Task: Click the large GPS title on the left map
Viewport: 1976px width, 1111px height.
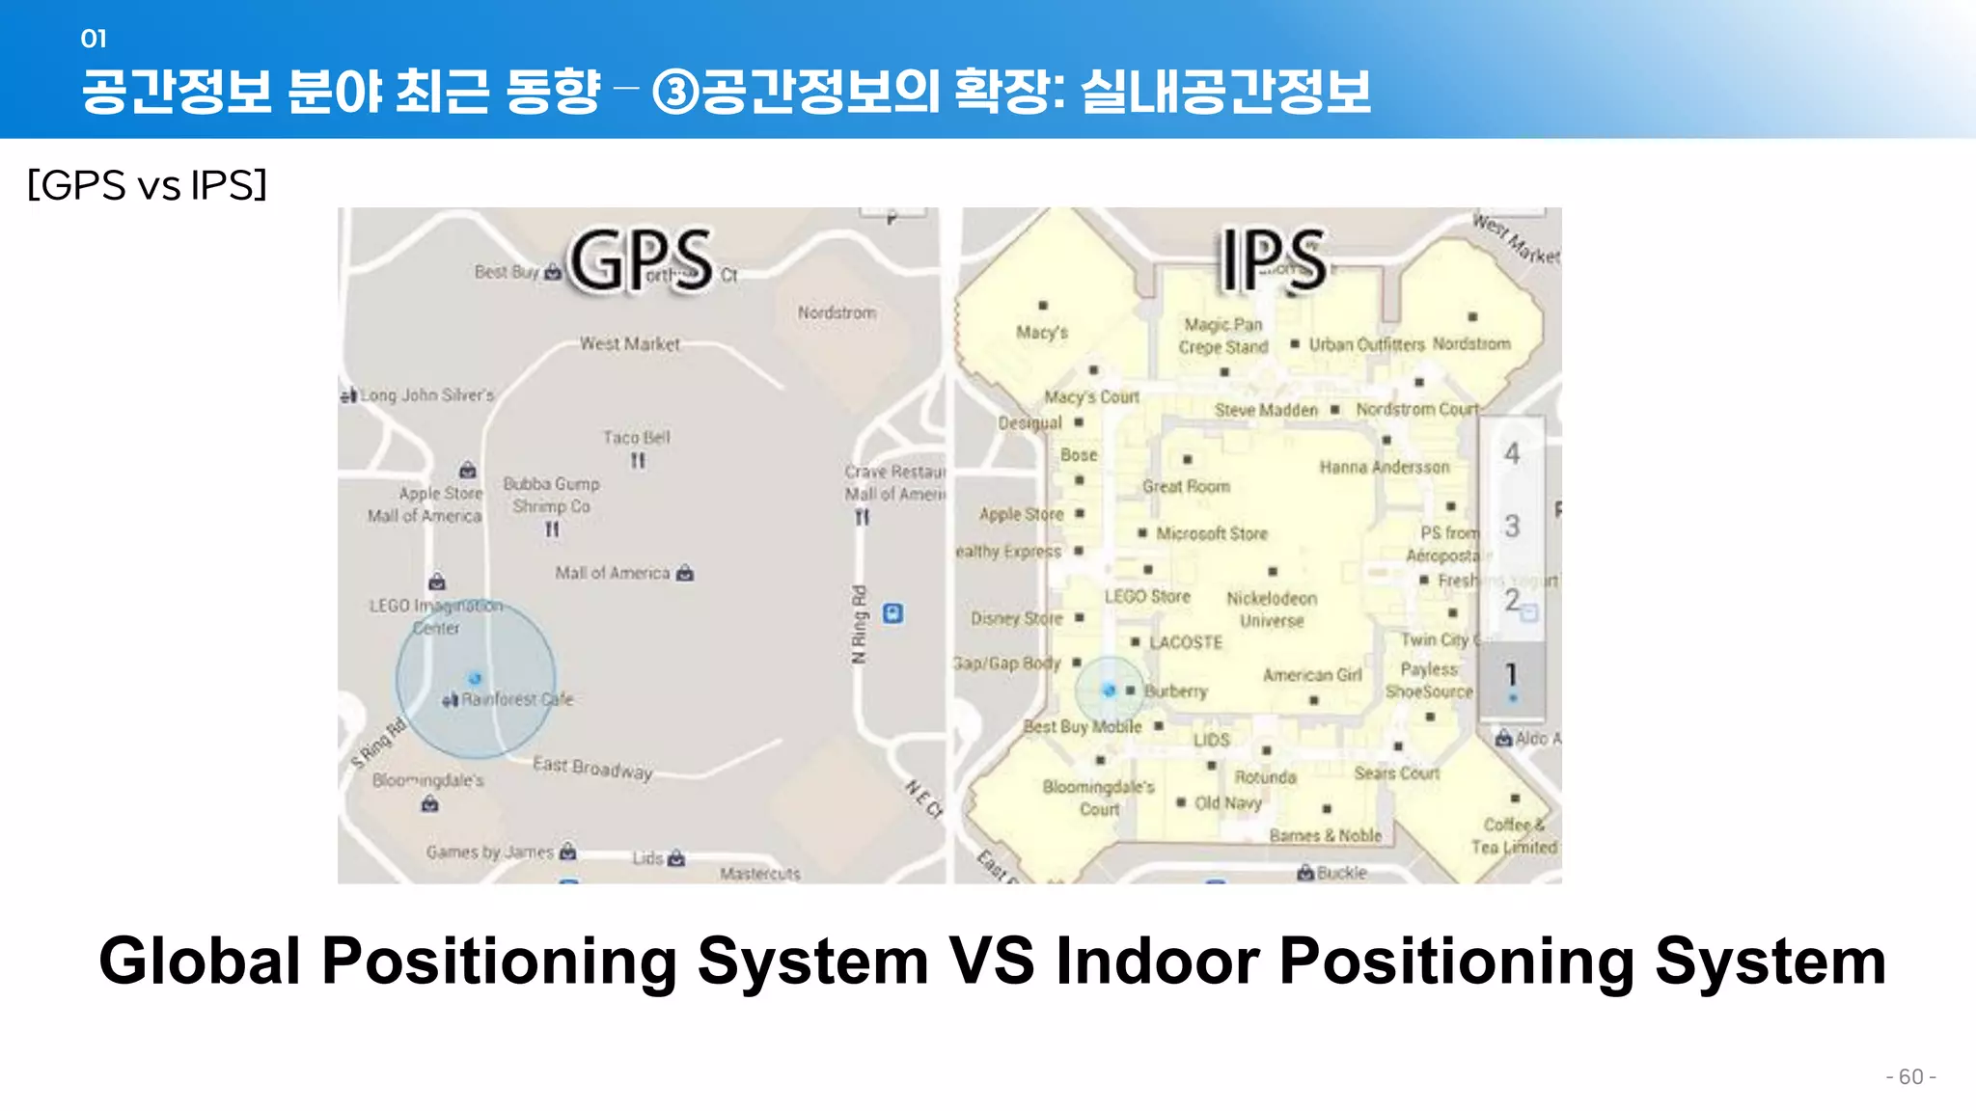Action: point(641,260)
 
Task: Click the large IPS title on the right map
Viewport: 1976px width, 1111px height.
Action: point(1273,259)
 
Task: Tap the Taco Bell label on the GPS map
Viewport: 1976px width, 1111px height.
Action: point(636,438)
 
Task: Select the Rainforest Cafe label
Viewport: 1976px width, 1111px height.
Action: point(516,699)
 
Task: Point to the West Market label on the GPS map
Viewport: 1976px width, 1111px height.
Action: point(629,344)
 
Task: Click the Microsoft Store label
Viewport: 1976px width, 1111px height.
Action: point(1212,533)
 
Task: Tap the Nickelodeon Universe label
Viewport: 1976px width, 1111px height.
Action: point(1272,610)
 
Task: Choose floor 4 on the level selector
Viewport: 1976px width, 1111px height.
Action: point(1512,453)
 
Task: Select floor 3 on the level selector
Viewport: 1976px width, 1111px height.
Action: point(1512,527)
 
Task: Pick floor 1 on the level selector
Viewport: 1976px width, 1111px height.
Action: point(1512,676)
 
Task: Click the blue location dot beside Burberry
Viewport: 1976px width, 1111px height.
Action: point(1110,691)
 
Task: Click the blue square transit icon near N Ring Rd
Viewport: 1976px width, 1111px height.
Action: point(893,613)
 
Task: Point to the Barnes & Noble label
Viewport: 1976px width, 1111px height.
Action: point(1325,835)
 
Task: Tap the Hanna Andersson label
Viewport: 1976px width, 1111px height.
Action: point(1384,468)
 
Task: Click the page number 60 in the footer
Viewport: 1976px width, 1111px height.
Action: point(1910,1076)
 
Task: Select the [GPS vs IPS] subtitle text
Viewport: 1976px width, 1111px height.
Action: point(147,185)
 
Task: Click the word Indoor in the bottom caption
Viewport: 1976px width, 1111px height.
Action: point(1158,962)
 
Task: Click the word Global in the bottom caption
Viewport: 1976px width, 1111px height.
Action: point(200,962)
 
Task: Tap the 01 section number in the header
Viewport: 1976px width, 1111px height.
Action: point(94,39)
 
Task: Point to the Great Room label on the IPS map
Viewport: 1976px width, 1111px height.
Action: point(1186,487)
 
